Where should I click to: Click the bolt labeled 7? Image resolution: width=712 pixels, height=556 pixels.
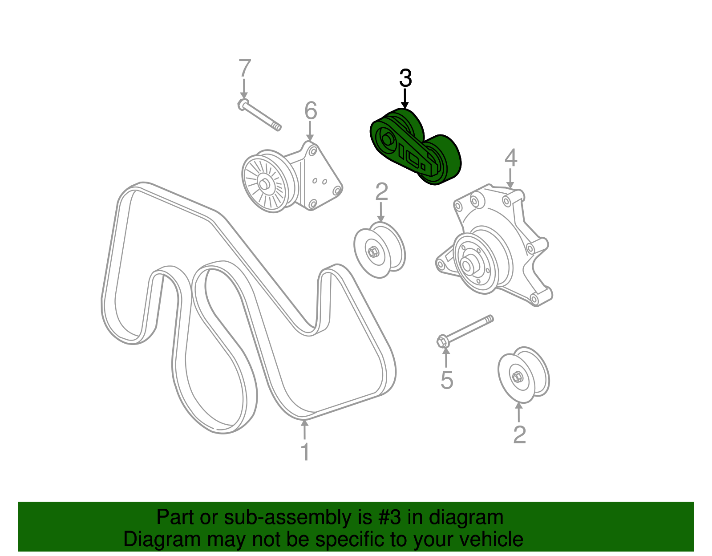pyautogui.click(x=260, y=116)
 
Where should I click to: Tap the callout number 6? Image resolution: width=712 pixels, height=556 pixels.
pyautogui.click(x=311, y=111)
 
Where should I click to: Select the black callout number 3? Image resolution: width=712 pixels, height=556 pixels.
pyautogui.click(x=405, y=78)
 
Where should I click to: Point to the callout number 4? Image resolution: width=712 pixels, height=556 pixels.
pyautogui.click(x=511, y=158)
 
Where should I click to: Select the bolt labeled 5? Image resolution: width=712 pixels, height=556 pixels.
pyautogui.click(x=465, y=331)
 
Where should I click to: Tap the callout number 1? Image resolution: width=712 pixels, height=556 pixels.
pyautogui.click(x=305, y=452)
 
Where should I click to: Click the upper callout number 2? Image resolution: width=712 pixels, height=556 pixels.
pyautogui.click(x=382, y=192)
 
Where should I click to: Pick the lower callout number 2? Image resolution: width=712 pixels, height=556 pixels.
pyautogui.click(x=519, y=434)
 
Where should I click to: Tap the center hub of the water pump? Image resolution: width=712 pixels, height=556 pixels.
pyautogui.click(x=467, y=265)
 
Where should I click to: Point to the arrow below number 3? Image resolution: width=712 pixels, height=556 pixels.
pyautogui.click(x=405, y=98)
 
